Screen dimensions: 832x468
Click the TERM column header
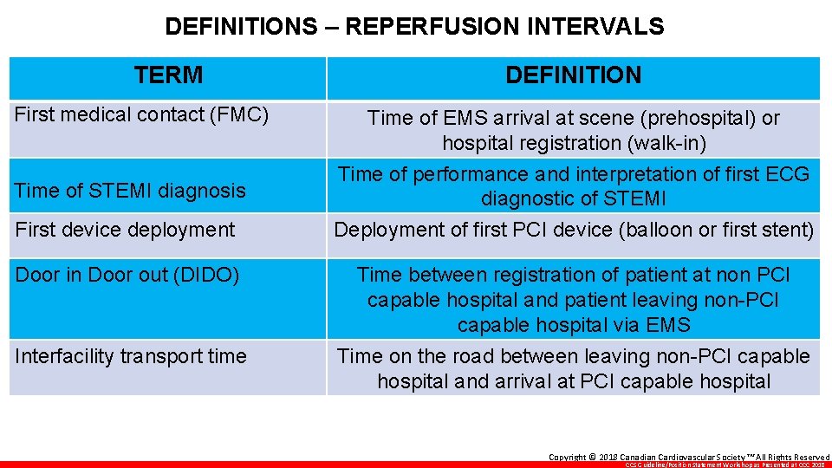(169, 75)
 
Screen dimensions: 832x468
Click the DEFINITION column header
(573, 75)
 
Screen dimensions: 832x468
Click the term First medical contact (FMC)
(142, 114)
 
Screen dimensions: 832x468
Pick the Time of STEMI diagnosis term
(130, 191)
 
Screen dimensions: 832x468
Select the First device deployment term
(125, 230)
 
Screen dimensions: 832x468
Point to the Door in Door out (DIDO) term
(127, 275)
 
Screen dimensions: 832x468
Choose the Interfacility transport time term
(131, 356)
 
